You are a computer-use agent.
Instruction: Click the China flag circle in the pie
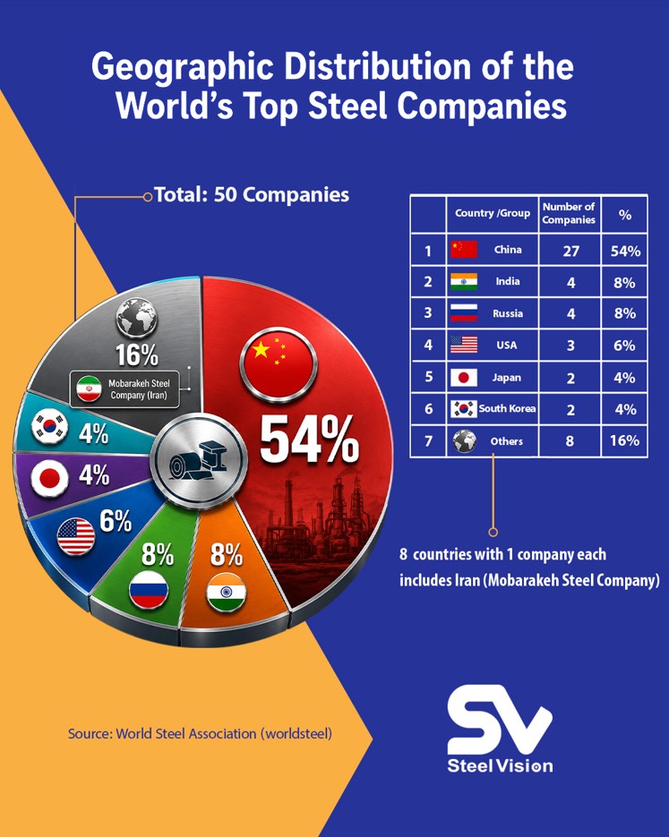click(x=279, y=363)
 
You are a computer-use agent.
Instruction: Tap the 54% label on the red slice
click(x=309, y=440)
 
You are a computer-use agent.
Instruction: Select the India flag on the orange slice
click(x=227, y=592)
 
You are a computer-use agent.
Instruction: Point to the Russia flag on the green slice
click(x=149, y=589)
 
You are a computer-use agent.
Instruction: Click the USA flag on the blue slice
click(x=76, y=536)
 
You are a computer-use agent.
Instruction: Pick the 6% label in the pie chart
click(x=116, y=520)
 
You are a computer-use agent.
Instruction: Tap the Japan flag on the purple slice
click(x=49, y=478)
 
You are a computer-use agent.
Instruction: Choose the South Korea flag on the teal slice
click(x=49, y=426)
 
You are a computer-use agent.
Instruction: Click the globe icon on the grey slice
click(x=137, y=317)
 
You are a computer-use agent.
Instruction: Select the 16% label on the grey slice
click(x=137, y=355)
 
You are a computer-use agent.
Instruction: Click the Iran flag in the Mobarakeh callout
click(x=90, y=389)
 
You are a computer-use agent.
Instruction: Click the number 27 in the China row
click(x=570, y=251)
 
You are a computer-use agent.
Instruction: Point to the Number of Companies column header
click(x=569, y=213)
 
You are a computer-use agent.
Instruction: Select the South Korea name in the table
click(x=507, y=408)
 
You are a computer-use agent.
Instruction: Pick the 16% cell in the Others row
click(x=625, y=441)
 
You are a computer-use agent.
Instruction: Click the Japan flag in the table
click(x=463, y=378)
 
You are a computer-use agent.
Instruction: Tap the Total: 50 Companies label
click(x=252, y=195)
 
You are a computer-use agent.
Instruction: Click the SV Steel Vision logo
click(x=500, y=729)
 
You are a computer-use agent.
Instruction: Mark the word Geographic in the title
click(x=183, y=69)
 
